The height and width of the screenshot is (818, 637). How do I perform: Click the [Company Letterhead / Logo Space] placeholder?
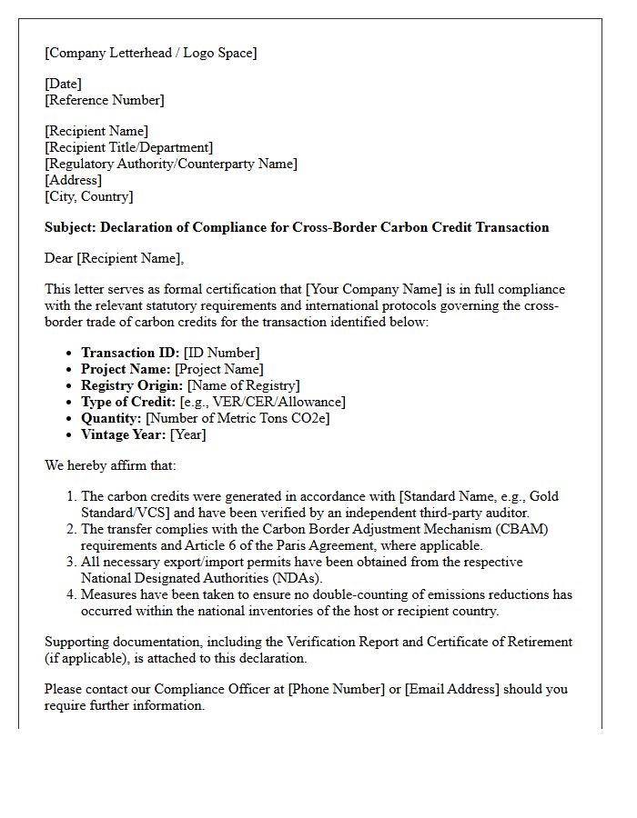[151, 53]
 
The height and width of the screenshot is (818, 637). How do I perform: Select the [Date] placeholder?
[63, 84]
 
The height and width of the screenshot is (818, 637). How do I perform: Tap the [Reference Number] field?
[105, 100]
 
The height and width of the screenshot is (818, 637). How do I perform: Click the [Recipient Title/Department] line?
[128, 147]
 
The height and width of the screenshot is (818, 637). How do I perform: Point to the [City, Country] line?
[89, 196]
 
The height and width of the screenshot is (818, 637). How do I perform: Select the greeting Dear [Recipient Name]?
[114, 258]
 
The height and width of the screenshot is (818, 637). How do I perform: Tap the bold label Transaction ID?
[130, 353]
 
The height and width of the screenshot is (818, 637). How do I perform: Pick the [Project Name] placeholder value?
[219, 369]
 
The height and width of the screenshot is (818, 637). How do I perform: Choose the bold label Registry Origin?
[132, 385]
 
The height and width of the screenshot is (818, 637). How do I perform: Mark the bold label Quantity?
[111, 418]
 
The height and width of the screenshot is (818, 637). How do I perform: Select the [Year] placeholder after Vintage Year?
[187, 434]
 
